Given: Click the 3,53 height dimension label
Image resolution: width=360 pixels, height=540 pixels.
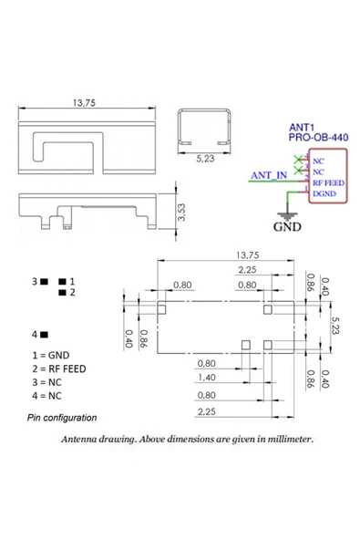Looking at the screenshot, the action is (181, 212).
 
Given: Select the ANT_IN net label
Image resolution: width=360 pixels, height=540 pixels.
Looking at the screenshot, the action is (269, 175).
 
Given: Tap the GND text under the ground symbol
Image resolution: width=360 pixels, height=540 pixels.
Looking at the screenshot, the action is (287, 226).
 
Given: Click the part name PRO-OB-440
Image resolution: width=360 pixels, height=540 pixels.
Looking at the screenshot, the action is (318, 138).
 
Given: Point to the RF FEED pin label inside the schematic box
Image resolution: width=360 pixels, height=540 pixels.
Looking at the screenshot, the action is (328, 182).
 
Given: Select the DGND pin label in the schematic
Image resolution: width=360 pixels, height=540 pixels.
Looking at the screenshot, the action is (324, 193).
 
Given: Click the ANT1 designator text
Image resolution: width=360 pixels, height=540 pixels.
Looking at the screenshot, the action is (302, 128).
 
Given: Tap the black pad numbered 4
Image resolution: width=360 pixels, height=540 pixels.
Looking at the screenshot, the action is (44, 335).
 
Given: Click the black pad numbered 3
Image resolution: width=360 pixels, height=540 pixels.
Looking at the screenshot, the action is (44, 282).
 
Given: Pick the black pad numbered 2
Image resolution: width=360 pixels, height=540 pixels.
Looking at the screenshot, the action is (62, 293).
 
